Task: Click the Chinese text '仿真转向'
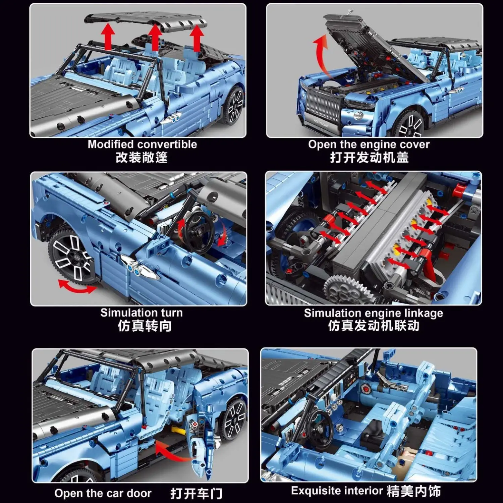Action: pyautogui.click(x=145, y=326)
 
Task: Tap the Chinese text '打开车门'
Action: pyautogui.click(x=196, y=493)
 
